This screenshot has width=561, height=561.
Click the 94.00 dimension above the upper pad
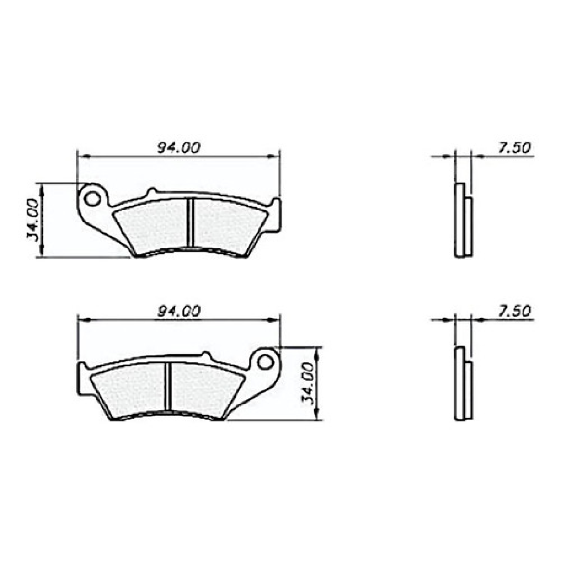[178, 148]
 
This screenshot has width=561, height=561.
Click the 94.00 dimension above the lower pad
[179, 311]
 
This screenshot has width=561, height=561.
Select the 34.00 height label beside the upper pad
[32, 220]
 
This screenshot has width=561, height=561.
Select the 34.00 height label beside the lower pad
[307, 383]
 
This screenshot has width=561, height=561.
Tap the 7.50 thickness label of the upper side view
[514, 148]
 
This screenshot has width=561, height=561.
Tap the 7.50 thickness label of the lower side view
[514, 311]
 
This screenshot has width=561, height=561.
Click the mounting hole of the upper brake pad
[93, 198]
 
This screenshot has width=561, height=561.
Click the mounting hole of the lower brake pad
[265, 362]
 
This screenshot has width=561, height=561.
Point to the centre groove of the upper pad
[190, 222]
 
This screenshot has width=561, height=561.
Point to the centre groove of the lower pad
[168, 386]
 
